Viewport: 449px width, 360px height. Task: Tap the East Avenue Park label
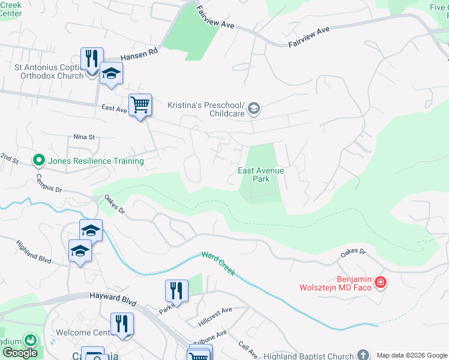point(261,175)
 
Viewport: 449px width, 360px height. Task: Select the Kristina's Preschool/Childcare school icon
point(254,108)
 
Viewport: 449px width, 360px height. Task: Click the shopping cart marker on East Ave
point(140,105)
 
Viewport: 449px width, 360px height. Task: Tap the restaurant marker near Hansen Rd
point(92,59)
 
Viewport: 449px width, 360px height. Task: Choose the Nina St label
point(85,137)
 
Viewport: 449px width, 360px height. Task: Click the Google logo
point(20,353)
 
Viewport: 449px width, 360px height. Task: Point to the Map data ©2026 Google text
point(411,355)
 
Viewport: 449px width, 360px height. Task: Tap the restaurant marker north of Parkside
point(176,291)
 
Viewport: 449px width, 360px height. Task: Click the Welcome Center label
point(82,332)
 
